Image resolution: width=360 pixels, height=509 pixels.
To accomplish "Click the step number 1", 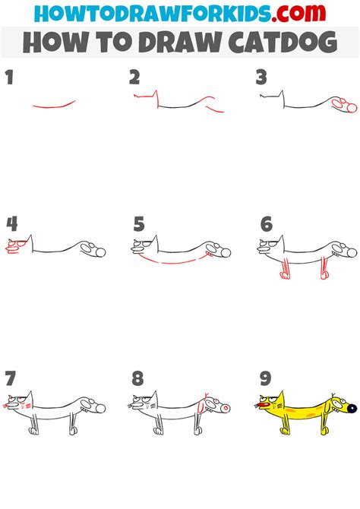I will [x=10, y=77].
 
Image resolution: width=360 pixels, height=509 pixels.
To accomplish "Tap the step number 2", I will [x=134, y=77].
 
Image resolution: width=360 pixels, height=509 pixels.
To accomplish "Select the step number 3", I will [x=261, y=77].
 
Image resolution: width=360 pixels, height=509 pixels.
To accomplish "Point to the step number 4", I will [x=11, y=224].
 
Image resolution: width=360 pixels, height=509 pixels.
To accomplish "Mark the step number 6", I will [x=265, y=224].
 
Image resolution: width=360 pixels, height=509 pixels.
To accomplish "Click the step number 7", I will [x=10, y=378].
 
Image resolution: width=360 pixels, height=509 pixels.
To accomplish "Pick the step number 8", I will [x=135, y=378].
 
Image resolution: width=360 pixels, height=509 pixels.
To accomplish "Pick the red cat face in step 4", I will [x=16, y=247].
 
